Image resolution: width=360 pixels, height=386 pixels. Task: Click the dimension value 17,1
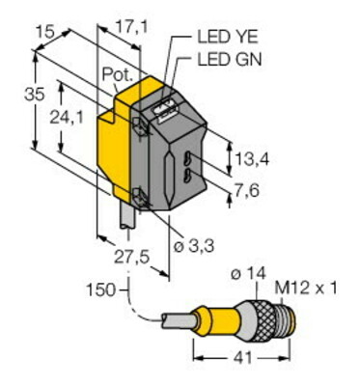(x=131, y=28)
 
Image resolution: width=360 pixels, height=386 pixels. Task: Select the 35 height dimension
(x=35, y=96)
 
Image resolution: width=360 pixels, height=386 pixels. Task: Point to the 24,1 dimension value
(x=67, y=118)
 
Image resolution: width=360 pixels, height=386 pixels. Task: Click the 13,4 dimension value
(x=253, y=159)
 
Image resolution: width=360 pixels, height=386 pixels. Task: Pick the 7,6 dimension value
(x=247, y=192)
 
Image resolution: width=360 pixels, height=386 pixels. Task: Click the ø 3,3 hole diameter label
(x=194, y=247)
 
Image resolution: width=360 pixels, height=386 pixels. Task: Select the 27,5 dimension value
(x=132, y=258)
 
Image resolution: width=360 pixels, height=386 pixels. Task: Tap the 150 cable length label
(x=100, y=290)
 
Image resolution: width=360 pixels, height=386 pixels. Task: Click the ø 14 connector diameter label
(x=248, y=274)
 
